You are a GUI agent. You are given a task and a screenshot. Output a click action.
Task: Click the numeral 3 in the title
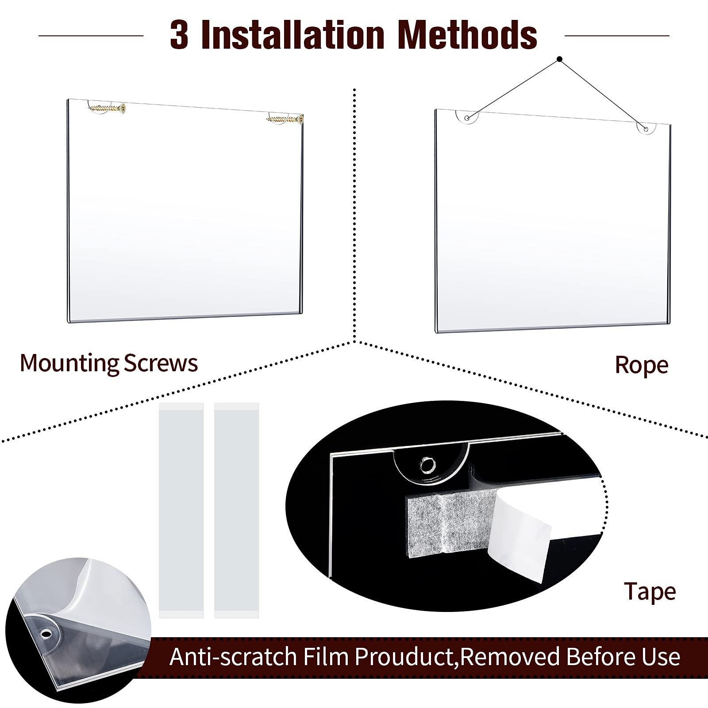point(179,35)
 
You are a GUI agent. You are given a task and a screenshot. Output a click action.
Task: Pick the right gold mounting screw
point(285,119)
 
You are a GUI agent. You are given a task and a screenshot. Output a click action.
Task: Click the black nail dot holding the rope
point(559,59)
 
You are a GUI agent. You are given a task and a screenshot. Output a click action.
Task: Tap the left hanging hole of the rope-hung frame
point(467,118)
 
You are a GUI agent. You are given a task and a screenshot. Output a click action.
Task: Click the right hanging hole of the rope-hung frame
point(646,129)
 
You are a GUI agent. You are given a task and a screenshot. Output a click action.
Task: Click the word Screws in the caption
point(161,363)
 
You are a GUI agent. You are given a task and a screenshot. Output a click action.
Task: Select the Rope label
point(641,366)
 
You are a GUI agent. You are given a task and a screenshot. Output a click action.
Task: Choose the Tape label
point(650,592)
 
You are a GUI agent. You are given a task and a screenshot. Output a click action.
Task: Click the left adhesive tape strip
point(181,510)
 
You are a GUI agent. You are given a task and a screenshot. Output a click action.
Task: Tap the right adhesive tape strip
point(236,510)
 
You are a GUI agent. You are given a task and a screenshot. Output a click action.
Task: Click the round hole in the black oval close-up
point(427,465)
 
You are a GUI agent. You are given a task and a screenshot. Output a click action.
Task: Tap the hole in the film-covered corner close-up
point(46,635)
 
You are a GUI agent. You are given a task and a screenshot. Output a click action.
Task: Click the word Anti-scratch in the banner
point(233,656)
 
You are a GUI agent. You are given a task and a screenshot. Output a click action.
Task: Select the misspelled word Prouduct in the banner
point(406,656)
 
